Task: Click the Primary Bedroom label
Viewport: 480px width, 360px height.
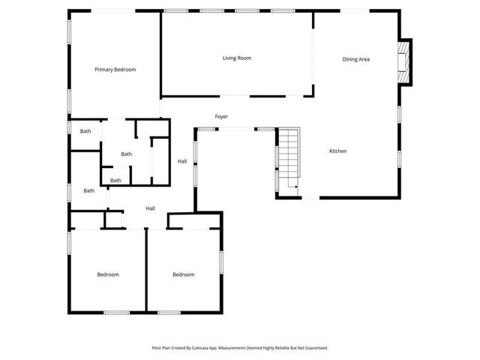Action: (115, 70)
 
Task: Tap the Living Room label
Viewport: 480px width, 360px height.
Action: (236, 58)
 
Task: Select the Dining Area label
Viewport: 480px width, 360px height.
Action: (356, 58)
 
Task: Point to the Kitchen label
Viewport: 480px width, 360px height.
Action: (338, 151)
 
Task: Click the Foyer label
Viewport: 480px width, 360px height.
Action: (221, 117)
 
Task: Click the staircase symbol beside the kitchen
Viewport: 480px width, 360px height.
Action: (289, 157)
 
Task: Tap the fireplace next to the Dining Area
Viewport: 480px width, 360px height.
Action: (403, 62)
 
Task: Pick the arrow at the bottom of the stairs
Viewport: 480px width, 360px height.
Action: (293, 187)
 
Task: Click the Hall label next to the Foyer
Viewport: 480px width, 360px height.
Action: (182, 161)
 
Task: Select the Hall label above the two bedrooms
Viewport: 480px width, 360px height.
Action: (151, 208)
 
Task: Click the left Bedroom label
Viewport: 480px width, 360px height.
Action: (108, 274)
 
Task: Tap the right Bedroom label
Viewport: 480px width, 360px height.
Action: (184, 274)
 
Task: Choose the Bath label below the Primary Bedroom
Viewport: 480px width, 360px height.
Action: (85, 131)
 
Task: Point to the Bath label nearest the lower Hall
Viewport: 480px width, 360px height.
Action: (89, 190)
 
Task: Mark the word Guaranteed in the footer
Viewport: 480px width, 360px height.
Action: (313, 348)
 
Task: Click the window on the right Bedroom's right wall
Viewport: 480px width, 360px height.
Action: (220, 262)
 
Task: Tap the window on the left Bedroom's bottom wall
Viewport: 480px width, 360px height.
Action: (116, 312)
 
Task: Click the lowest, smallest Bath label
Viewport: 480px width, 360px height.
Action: (116, 180)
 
